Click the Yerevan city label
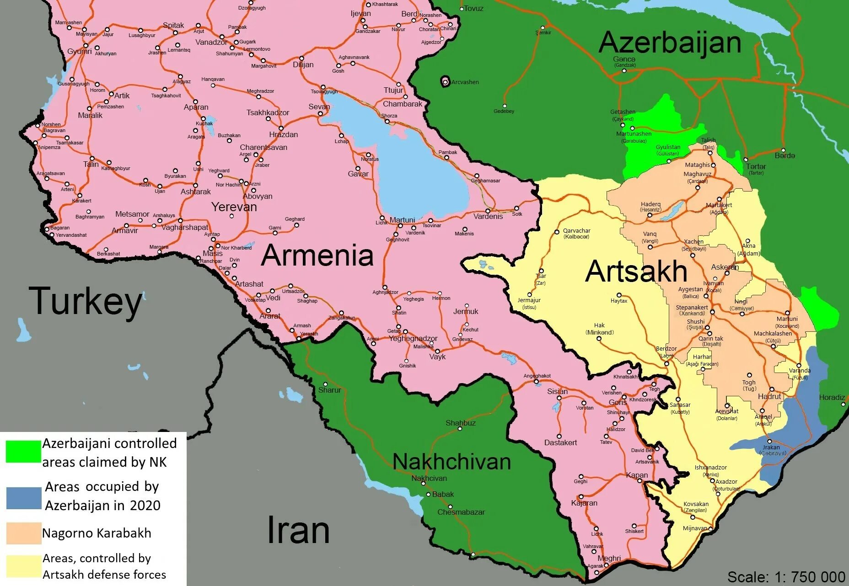point(234,207)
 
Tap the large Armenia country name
point(317,255)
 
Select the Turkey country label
point(86,302)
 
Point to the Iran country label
point(298,530)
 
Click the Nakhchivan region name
point(451,462)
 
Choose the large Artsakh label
point(636,271)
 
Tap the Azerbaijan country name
point(670,43)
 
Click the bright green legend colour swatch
point(23,452)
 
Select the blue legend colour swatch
point(23,498)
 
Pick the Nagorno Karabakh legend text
point(97,533)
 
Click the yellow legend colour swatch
point(23,566)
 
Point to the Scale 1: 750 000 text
point(786,577)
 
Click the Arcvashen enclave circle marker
point(445,82)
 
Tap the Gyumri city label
point(80,51)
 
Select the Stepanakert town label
point(692,308)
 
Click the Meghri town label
point(609,558)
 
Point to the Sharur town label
point(329,390)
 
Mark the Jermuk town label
point(466,311)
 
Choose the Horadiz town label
point(832,397)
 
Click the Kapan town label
point(637,475)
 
